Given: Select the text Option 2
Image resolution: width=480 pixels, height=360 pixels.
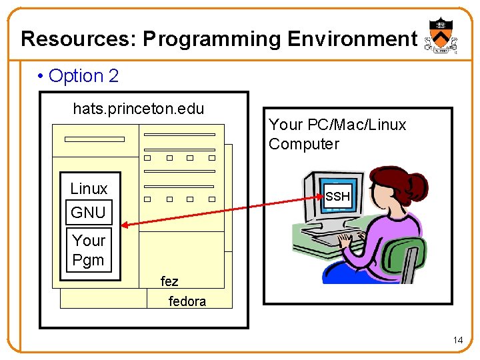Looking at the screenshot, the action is [83, 76].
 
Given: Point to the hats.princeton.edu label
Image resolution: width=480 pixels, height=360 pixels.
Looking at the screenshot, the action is [138, 109].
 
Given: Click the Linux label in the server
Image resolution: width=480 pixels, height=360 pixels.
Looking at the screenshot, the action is [89, 189].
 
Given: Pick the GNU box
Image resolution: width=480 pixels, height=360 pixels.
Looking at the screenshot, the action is [89, 213].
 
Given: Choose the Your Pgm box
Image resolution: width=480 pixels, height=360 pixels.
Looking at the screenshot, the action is [89, 250].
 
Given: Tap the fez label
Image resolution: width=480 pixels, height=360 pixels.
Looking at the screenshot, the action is [169, 281].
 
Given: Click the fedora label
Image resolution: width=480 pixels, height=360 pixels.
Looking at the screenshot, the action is [187, 301].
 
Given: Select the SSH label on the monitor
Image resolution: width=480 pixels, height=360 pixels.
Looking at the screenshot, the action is [337, 197].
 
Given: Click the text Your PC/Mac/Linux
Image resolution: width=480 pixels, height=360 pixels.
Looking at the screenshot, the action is [337, 125].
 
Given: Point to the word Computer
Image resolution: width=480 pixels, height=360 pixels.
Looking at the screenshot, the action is [304, 144].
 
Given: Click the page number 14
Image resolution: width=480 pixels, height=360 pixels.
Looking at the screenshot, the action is [457, 341].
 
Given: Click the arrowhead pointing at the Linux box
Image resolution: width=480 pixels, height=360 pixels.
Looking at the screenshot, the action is [125, 226].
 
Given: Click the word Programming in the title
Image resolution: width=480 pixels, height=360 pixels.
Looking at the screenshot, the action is [213, 39].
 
